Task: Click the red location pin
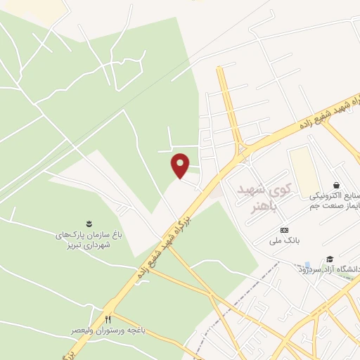181,165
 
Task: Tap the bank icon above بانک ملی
284,230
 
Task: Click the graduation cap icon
329,259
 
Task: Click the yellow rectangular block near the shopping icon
303,169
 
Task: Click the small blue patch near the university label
307,265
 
